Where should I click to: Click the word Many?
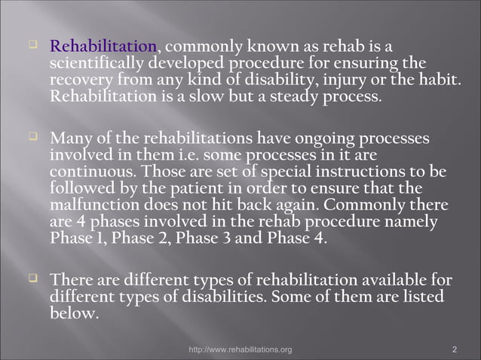tap(70, 139)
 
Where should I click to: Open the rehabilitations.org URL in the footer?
tap(240, 349)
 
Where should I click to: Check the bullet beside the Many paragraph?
tap(32, 138)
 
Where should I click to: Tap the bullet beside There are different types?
tap(32, 280)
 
